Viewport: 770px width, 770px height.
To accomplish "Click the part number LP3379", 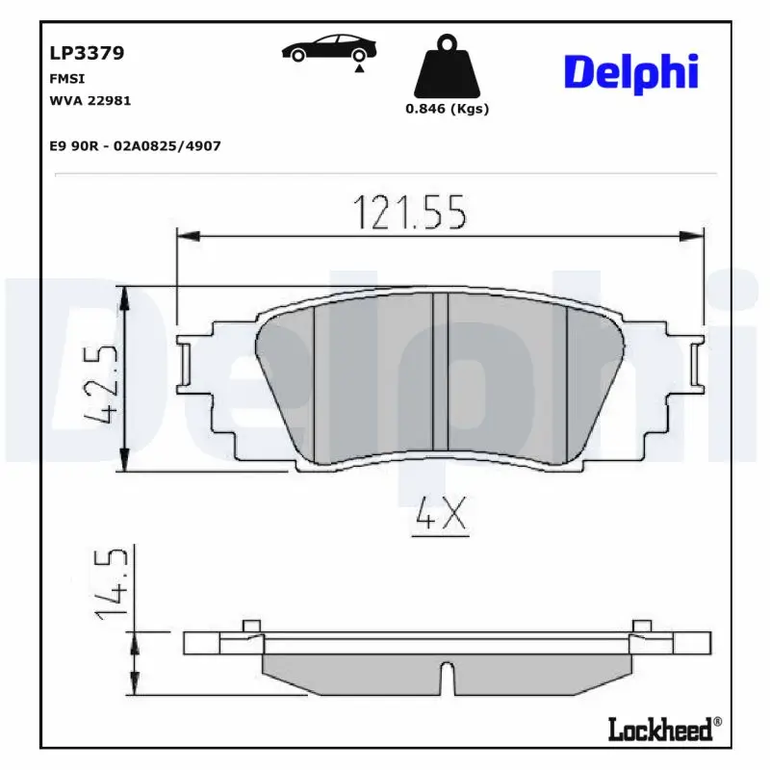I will pos(87,54).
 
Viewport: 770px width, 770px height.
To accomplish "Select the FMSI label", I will pos(66,79).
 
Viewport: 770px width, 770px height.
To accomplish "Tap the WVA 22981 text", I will pos(90,100).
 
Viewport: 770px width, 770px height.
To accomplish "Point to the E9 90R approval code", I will pos(135,145).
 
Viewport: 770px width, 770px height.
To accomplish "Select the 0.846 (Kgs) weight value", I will pos(447,109).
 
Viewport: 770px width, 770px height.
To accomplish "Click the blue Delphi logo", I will pos(630,73).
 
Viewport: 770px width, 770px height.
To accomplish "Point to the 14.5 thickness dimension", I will pos(112,585).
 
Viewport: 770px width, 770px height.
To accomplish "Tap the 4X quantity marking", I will pos(440,518).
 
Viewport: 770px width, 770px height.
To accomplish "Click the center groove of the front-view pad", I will pos(440,372).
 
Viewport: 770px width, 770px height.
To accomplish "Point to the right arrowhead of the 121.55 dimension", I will pos(695,235).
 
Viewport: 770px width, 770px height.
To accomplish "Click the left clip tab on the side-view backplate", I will pos(252,628).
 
